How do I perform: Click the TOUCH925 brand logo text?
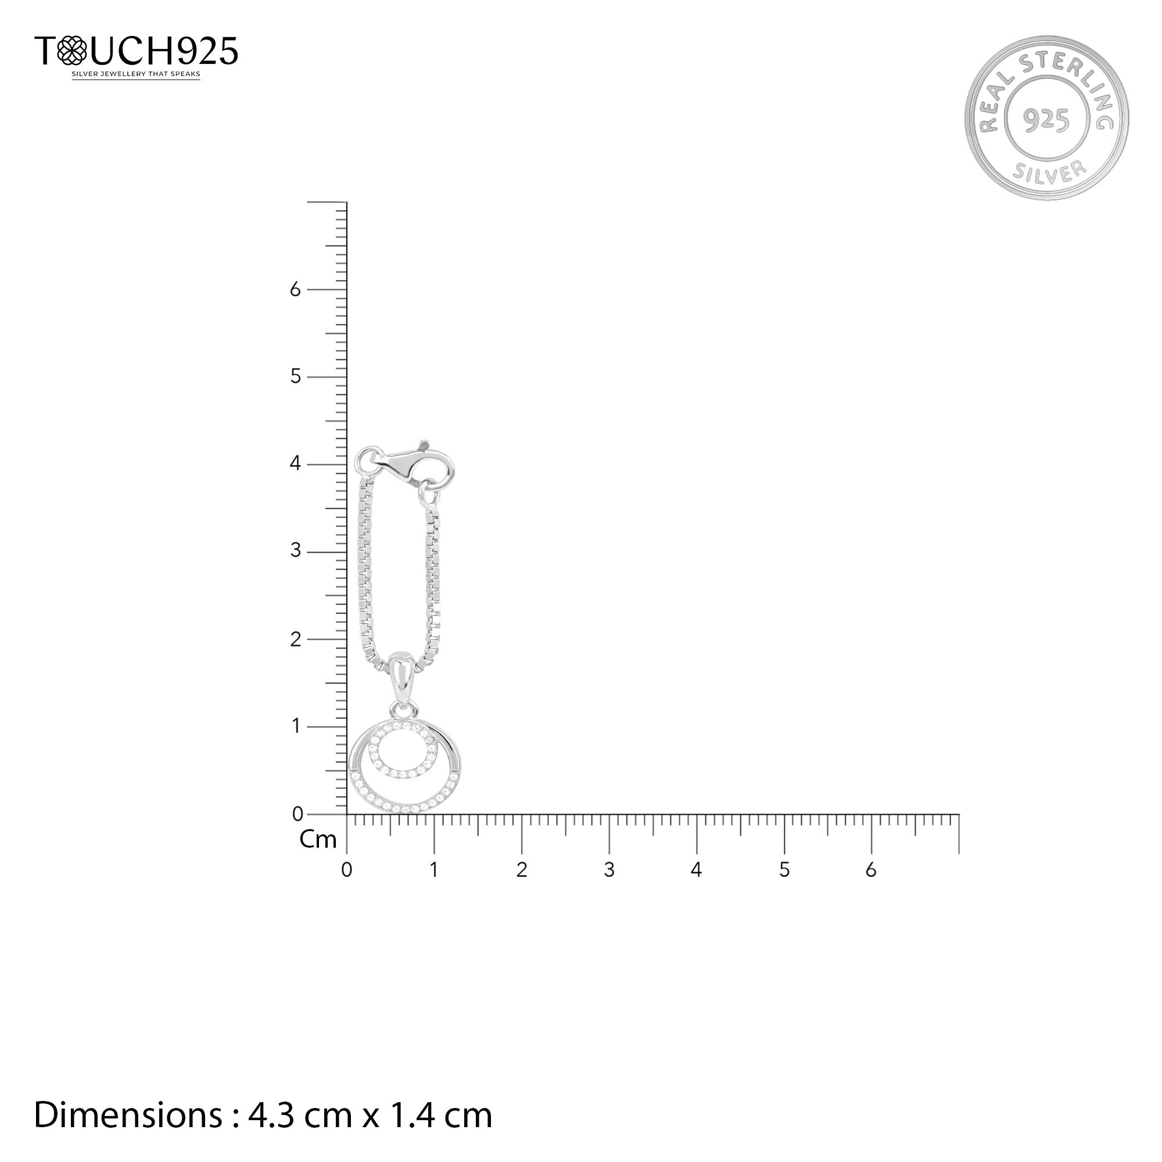(136, 51)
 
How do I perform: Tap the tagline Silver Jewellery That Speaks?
(136, 74)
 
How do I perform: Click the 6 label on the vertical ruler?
(295, 289)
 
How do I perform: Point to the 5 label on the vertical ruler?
(295, 376)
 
